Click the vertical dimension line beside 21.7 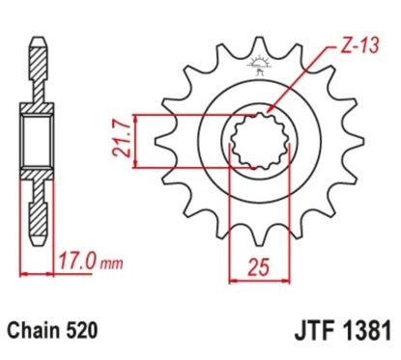[x=141, y=141]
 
